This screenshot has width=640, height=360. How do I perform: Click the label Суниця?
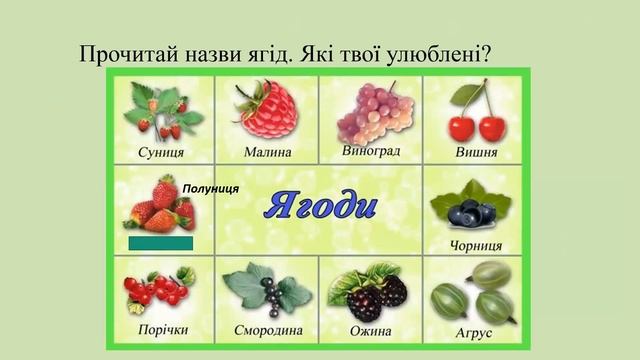(160, 153)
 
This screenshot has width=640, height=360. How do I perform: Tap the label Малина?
(267, 153)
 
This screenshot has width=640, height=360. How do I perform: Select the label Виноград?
(370, 151)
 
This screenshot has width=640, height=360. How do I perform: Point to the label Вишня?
(476, 153)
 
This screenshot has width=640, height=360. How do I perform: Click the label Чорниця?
(476, 245)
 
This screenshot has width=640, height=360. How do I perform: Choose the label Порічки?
(160, 332)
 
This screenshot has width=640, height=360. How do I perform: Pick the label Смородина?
(267, 332)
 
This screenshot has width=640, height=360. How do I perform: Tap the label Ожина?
(370, 332)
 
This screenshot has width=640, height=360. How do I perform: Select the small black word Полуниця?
(211, 188)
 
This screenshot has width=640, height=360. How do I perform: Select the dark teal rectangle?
(160, 243)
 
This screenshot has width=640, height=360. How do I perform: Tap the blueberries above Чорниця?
(470, 210)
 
